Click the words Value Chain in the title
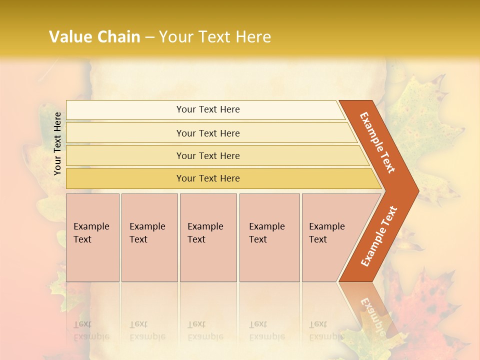click(x=94, y=37)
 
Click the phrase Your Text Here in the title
click(x=215, y=37)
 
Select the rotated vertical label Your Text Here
click(x=57, y=143)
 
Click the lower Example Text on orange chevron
click(x=379, y=236)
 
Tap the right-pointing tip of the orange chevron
click(x=415, y=190)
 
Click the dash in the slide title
click(x=149, y=37)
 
